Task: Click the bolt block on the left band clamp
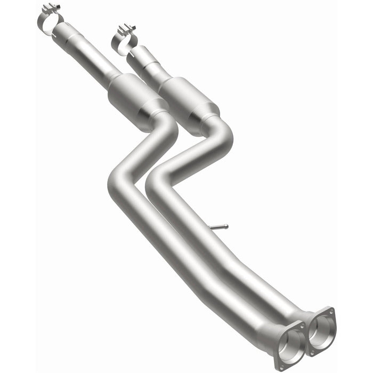point(51,7)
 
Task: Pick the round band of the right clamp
point(122,44)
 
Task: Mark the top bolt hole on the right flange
point(331,311)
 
